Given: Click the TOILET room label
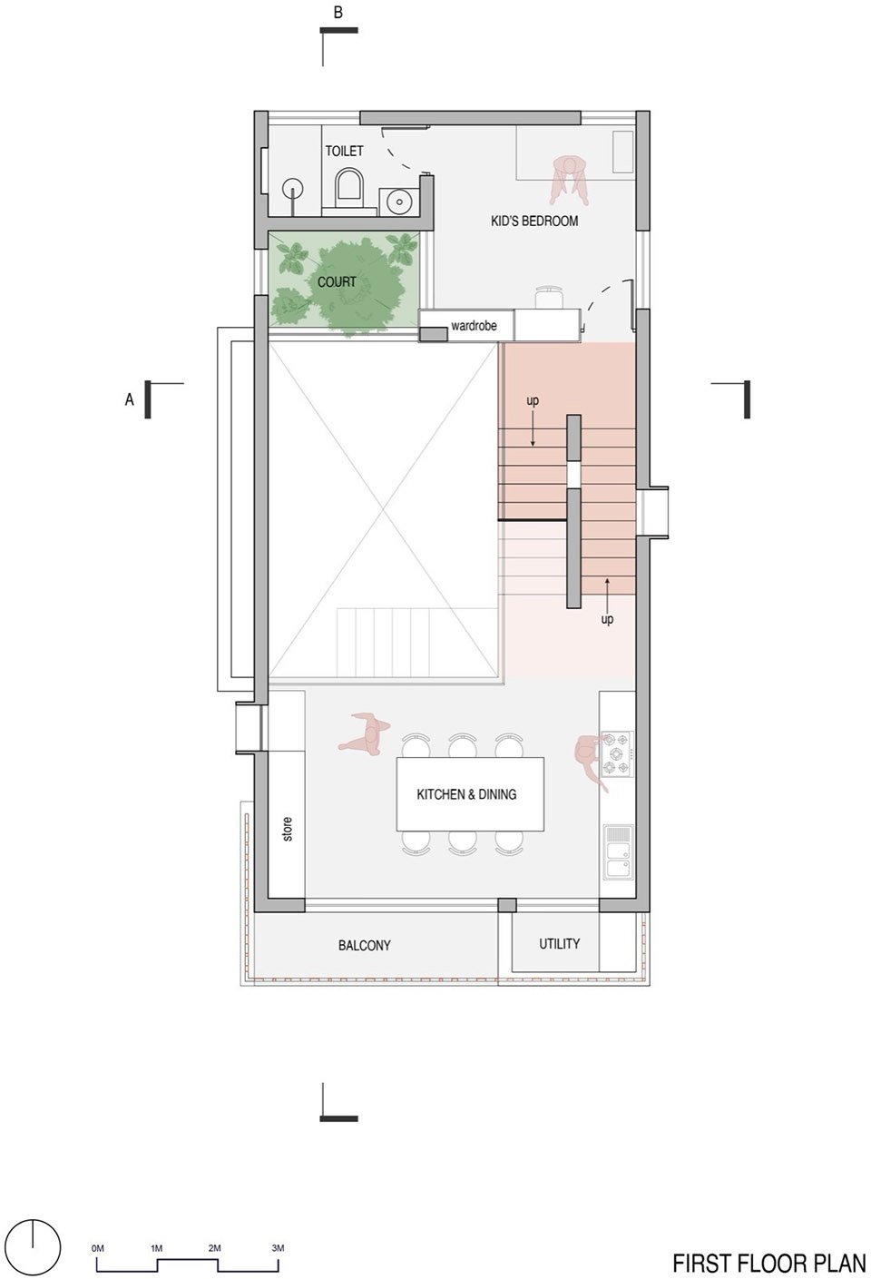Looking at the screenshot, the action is tap(344, 151).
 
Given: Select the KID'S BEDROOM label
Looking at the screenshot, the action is tap(534, 221).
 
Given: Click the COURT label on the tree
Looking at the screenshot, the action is tap(337, 281).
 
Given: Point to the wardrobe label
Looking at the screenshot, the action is tap(474, 326).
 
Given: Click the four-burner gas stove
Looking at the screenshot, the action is tap(618, 753).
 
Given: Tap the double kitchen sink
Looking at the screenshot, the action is tap(619, 851).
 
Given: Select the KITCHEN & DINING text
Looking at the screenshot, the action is tap(466, 794).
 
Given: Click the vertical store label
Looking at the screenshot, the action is tap(288, 829).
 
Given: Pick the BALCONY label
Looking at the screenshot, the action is tap(364, 946).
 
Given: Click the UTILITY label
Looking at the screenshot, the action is tap(560, 944).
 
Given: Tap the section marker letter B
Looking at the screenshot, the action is tap(338, 12).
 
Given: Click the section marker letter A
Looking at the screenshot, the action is tap(130, 399).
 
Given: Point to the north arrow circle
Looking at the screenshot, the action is tap(34, 1234).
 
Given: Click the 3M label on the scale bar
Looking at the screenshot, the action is tap(278, 1227).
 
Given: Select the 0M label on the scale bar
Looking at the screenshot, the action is tap(98, 1227).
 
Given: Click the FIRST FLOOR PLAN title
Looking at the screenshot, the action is tap(768, 1263).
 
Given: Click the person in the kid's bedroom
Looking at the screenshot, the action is tap(569, 180).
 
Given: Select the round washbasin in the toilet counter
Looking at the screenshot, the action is tap(397, 200).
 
